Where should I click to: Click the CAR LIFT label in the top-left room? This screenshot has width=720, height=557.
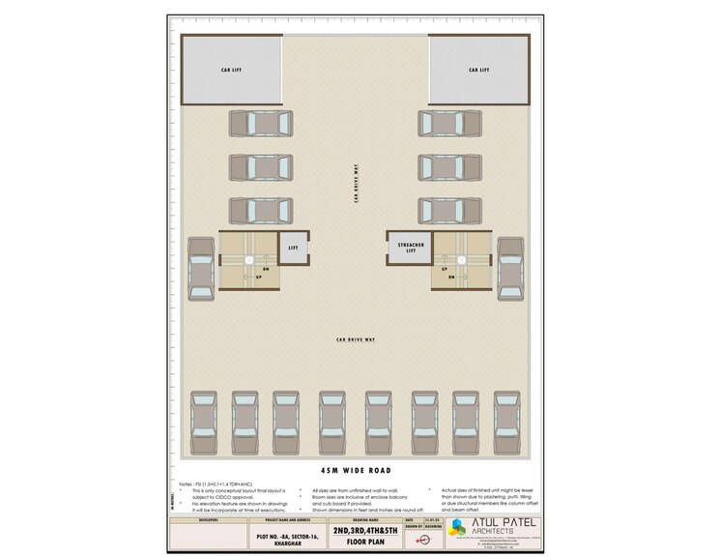coord(232,70)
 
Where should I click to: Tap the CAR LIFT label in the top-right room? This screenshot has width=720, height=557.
coord(479,70)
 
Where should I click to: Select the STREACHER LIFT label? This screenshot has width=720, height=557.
coord(412,249)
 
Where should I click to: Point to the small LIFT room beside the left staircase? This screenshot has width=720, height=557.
coord(294,249)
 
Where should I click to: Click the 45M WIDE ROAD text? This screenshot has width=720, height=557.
coord(356,469)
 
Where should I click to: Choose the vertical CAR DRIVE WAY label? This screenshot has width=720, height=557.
coord(356,182)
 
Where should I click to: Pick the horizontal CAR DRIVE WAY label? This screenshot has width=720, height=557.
coord(356,339)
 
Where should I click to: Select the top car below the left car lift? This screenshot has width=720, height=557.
coord(260,124)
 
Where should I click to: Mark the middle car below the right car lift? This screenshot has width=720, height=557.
coord(449,167)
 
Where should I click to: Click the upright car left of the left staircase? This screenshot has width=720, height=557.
coord(201,269)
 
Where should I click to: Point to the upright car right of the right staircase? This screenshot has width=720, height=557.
coord(510,269)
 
